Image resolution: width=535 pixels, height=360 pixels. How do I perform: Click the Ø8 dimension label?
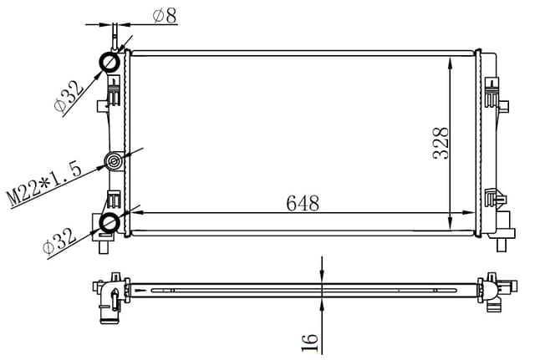point(164,15)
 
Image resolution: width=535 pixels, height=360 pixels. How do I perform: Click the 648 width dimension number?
point(303,202)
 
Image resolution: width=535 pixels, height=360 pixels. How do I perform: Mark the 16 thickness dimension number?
point(309,339)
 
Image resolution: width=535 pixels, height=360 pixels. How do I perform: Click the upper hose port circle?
point(110,63)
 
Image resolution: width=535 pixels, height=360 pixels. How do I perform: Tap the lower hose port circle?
point(110,222)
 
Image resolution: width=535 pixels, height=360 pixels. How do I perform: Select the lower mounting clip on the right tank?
point(496,199)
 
